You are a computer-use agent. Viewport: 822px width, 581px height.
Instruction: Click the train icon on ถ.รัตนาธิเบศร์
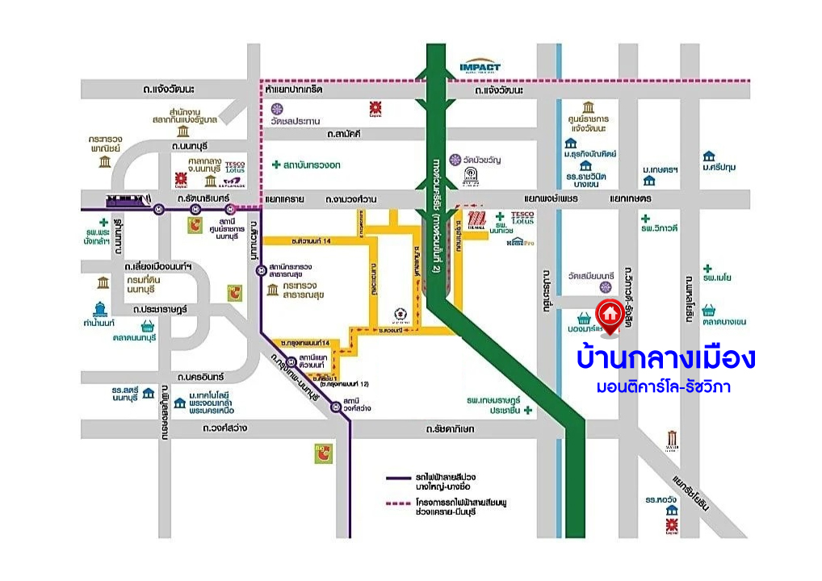pyautogui.click(x=129, y=199)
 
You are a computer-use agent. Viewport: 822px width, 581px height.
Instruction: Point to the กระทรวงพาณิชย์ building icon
pyautogui.click(x=105, y=161)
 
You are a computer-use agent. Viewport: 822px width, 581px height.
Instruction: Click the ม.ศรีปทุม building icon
pyautogui.click(x=710, y=155)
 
